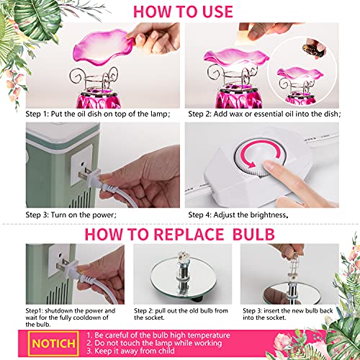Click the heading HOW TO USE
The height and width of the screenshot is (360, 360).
(x=183, y=12)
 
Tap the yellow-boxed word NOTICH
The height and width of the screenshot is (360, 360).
(x=53, y=343)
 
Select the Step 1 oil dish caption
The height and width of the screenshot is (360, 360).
(x=98, y=114)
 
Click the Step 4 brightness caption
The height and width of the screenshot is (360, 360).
(x=238, y=215)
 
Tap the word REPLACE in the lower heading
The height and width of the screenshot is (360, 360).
(x=189, y=234)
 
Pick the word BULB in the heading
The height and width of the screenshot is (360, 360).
(x=253, y=234)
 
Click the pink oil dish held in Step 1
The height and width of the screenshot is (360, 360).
(x=103, y=47)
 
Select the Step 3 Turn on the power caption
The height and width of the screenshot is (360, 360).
(x=71, y=215)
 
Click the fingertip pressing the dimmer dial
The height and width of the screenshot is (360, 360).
(x=270, y=166)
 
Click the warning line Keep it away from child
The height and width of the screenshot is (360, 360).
(x=130, y=351)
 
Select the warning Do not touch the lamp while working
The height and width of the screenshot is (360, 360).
(x=154, y=343)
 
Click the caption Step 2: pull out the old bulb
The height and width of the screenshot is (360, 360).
(x=181, y=314)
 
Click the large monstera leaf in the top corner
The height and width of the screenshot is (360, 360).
(x=38, y=17)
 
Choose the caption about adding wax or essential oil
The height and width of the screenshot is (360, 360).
(x=264, y=114)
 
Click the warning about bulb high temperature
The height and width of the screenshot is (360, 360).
(x=158, y=335)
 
